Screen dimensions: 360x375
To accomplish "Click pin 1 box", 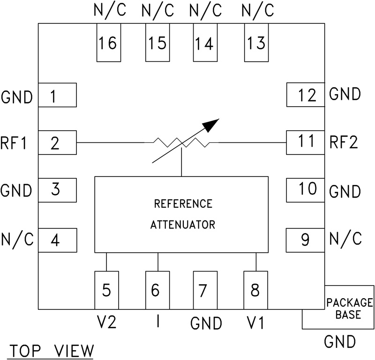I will click(57, 96).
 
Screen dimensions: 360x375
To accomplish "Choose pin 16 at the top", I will click(108, 44).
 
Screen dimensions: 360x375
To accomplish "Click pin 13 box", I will click(255, 44).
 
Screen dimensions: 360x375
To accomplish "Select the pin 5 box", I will click(107, 290).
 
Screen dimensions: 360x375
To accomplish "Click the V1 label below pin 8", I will click(255, 322).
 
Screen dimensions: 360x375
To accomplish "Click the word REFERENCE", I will click(183, 204).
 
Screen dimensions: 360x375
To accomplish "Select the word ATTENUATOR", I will click(183, 225).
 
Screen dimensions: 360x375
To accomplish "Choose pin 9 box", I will click(305, 240).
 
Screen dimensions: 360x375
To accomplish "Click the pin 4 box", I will click(57, 240).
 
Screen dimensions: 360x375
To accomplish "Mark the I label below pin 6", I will click(157, 322).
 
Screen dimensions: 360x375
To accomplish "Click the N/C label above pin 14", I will click(205, 10).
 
